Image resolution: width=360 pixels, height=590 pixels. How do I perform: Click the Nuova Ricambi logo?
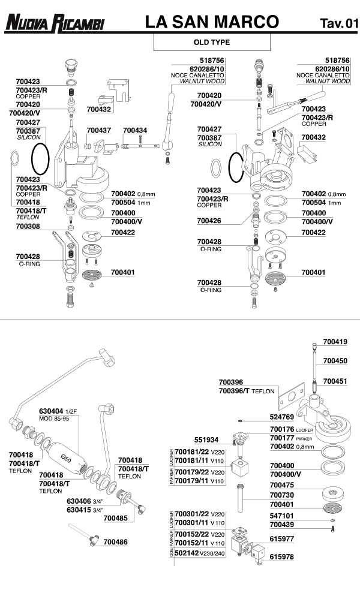pyautogui.click(x=54, y=23)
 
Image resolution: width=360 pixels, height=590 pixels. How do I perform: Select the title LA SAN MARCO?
pyautogui.click(x=212, y=22)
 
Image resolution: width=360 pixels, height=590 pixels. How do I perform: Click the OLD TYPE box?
pyautogui.click(x=212, y=43)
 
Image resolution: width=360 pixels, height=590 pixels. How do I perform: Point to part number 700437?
pyautogui.click(x=98, y=130)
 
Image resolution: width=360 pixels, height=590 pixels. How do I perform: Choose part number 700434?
pyautogui.click(x=135, y=130)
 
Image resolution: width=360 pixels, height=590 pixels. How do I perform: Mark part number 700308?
pyautogui.click(x=28, y=227)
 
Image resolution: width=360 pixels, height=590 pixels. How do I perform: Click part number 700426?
pyautogui.click(x=209, y=221)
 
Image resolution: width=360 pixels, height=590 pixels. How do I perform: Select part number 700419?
pyautogui.click(x=335, y=342)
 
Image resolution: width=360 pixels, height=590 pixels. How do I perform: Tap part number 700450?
pyautogui.click(x=335, y=361)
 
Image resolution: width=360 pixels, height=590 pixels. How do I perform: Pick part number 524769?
pyautogui.click(x=282, y=416)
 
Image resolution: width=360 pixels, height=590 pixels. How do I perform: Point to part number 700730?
pyautogui.click(x=282, y=495)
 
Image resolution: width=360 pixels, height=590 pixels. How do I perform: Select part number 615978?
pyautogui.click(x=282, y=557)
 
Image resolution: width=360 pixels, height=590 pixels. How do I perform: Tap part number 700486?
pyautogui.click(x=116, y=541)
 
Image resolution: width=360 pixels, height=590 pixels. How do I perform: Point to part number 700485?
pyautogui.click(x=116, y=517)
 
